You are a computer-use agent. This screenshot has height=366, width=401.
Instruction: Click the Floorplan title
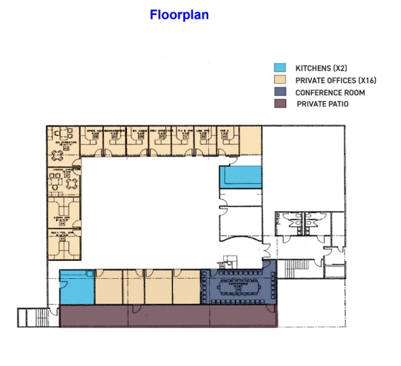click(179, 14)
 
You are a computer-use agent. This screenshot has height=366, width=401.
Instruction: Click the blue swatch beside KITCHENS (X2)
click(280, 68)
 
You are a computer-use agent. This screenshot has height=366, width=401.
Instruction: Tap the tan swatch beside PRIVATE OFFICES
click(280, 80)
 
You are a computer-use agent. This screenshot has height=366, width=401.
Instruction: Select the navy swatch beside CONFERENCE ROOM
click(280, 92)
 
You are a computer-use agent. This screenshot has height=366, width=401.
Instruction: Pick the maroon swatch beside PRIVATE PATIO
click(280, 104)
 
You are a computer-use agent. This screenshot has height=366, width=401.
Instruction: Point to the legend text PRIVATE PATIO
click(323, 104)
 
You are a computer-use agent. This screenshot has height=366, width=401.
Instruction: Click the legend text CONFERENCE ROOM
click(330, 92)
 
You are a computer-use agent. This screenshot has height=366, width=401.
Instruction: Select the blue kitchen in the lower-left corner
click(75, 288)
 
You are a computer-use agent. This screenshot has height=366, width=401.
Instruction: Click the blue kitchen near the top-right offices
click(240, 177)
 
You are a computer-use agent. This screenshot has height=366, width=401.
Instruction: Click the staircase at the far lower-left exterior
click(29, 317)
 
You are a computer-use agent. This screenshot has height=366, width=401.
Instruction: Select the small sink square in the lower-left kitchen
click(90, 273)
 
